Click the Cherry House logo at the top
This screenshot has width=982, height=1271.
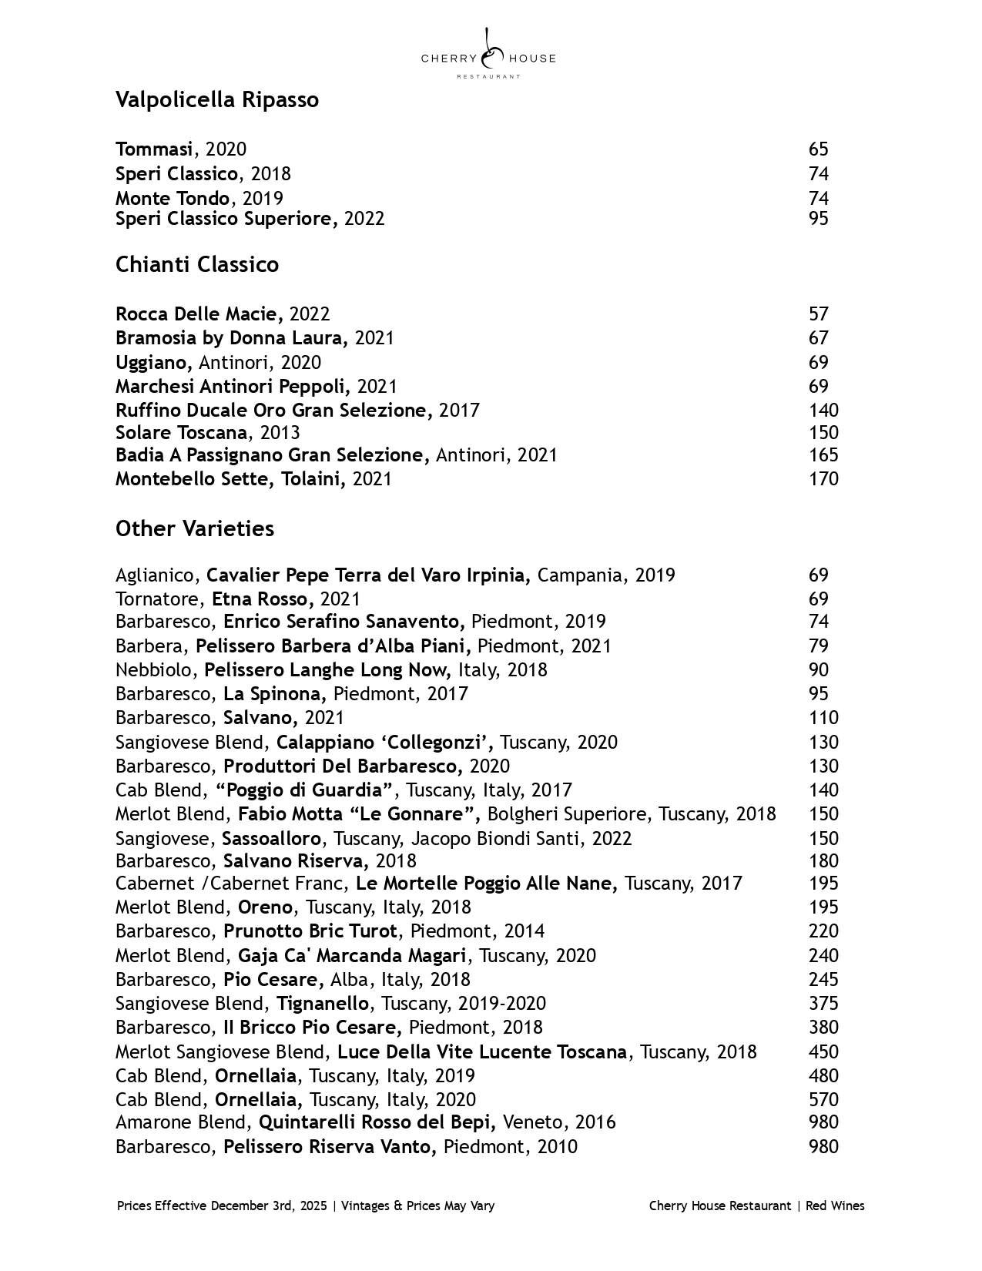click(488, 55)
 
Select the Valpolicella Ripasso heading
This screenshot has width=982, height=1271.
click(216, 100)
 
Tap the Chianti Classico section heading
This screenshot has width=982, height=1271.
click(196, 265)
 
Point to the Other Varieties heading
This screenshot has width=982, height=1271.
click(194, 529)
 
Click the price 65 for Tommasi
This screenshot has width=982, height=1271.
click(818, 149)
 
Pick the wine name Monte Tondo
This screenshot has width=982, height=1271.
click(173, 198)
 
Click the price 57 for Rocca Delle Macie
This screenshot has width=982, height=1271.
click(818, 314)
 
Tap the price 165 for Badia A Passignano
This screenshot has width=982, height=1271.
click(823, 455)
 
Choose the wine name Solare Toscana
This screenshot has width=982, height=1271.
click(182, 433)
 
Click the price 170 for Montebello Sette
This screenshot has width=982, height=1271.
click(823, 479)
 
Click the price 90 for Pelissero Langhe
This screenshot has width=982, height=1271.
click(818, 670)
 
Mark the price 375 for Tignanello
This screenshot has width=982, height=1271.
click(823, 1004)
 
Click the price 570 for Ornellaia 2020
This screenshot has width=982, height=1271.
click(823, 1100)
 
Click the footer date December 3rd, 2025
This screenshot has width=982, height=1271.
click(269, 1206)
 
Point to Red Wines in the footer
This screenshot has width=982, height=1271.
click(835, 1206)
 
